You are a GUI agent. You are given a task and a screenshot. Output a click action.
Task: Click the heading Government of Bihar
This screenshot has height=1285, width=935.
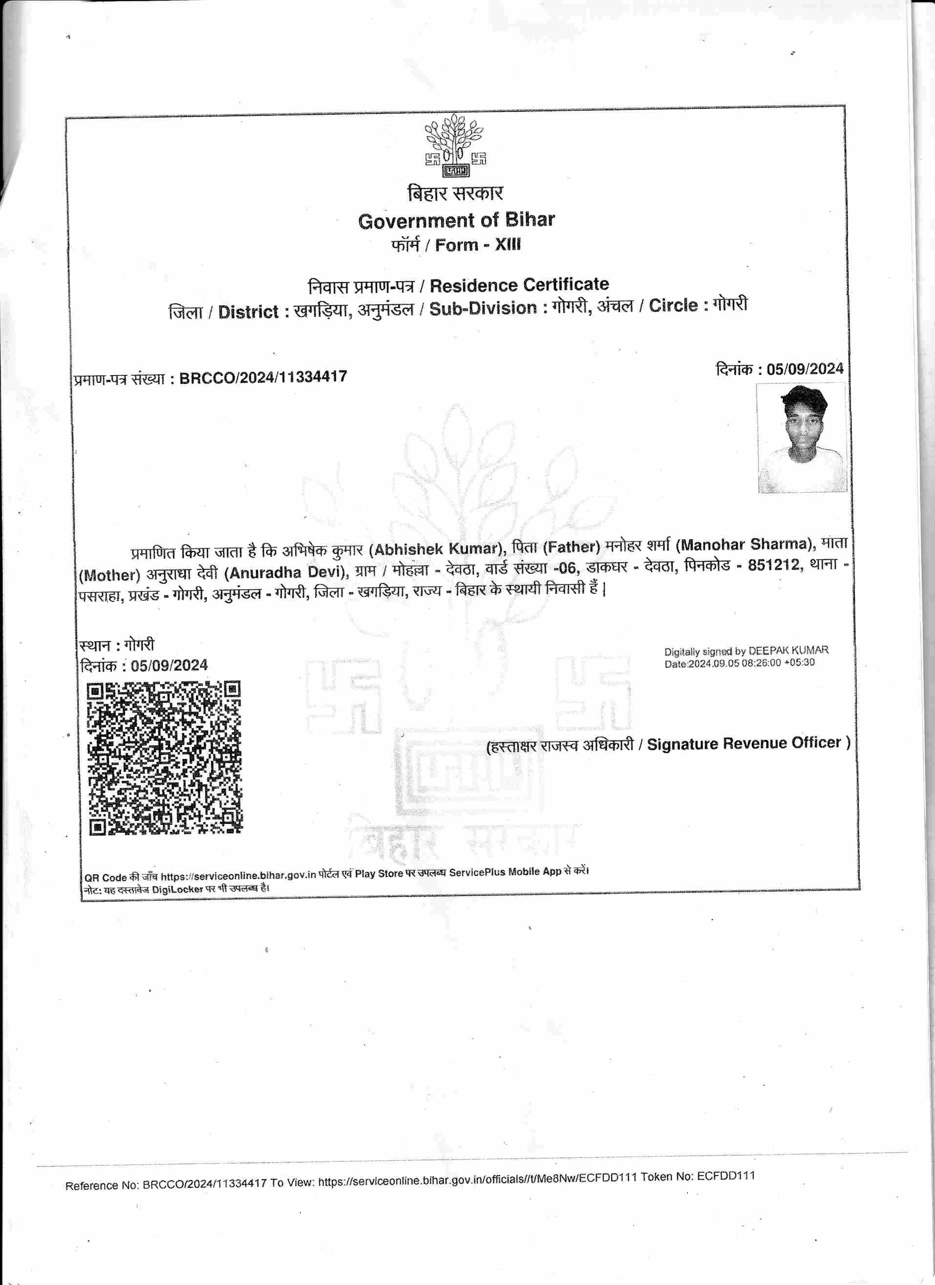[456, 220]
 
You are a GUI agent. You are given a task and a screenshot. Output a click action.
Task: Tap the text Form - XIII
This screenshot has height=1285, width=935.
[478, 245]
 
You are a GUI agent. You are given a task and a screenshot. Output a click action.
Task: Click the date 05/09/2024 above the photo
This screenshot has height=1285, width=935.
[805, 369]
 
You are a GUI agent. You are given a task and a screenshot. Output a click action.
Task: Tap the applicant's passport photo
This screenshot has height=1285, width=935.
[802, 438]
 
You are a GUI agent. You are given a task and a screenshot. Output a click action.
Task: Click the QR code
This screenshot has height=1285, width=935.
[164, 758]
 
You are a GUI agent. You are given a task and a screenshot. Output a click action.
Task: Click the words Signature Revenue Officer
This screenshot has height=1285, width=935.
[744, 743]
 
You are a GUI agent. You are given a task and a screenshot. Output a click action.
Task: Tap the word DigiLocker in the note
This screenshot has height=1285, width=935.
[177, 889]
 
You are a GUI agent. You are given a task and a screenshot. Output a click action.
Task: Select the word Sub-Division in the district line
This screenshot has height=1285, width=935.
[483, 308]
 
